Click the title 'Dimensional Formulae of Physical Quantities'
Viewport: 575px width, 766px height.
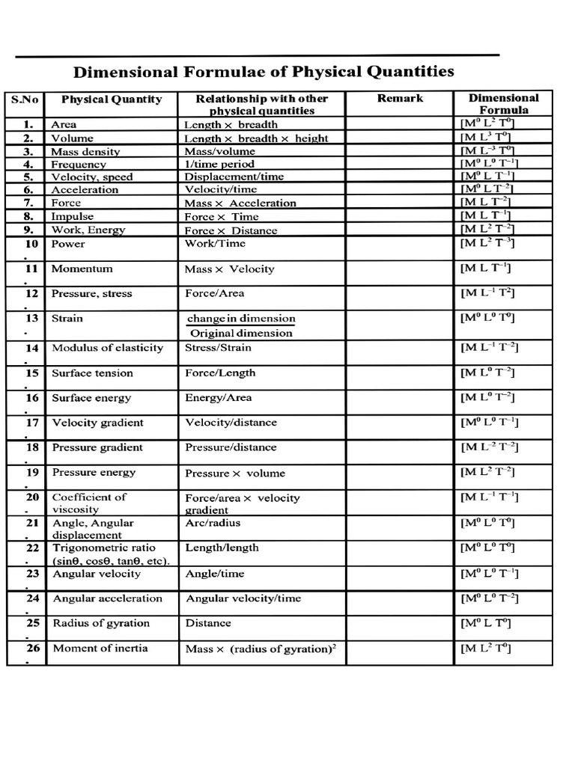click(263, 72)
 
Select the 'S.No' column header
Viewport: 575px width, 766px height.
click(25, 98)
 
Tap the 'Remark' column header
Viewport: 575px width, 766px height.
click(400, 98)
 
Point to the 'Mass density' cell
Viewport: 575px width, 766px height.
click(85, 151)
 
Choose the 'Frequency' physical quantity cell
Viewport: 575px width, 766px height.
click(79, 164)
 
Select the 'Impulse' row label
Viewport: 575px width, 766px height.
click(73, 216)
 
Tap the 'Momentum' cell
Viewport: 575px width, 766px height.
click(82, 269)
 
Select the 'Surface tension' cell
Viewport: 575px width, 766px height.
click(92, 373)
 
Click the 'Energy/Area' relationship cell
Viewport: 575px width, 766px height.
click(218, 398)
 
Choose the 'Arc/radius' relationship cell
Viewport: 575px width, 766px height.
click(213, 523)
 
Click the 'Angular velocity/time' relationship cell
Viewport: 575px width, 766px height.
click(243, 598)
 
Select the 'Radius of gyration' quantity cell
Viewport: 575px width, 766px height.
click(101, 623)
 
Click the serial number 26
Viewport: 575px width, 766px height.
click(32, 648)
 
